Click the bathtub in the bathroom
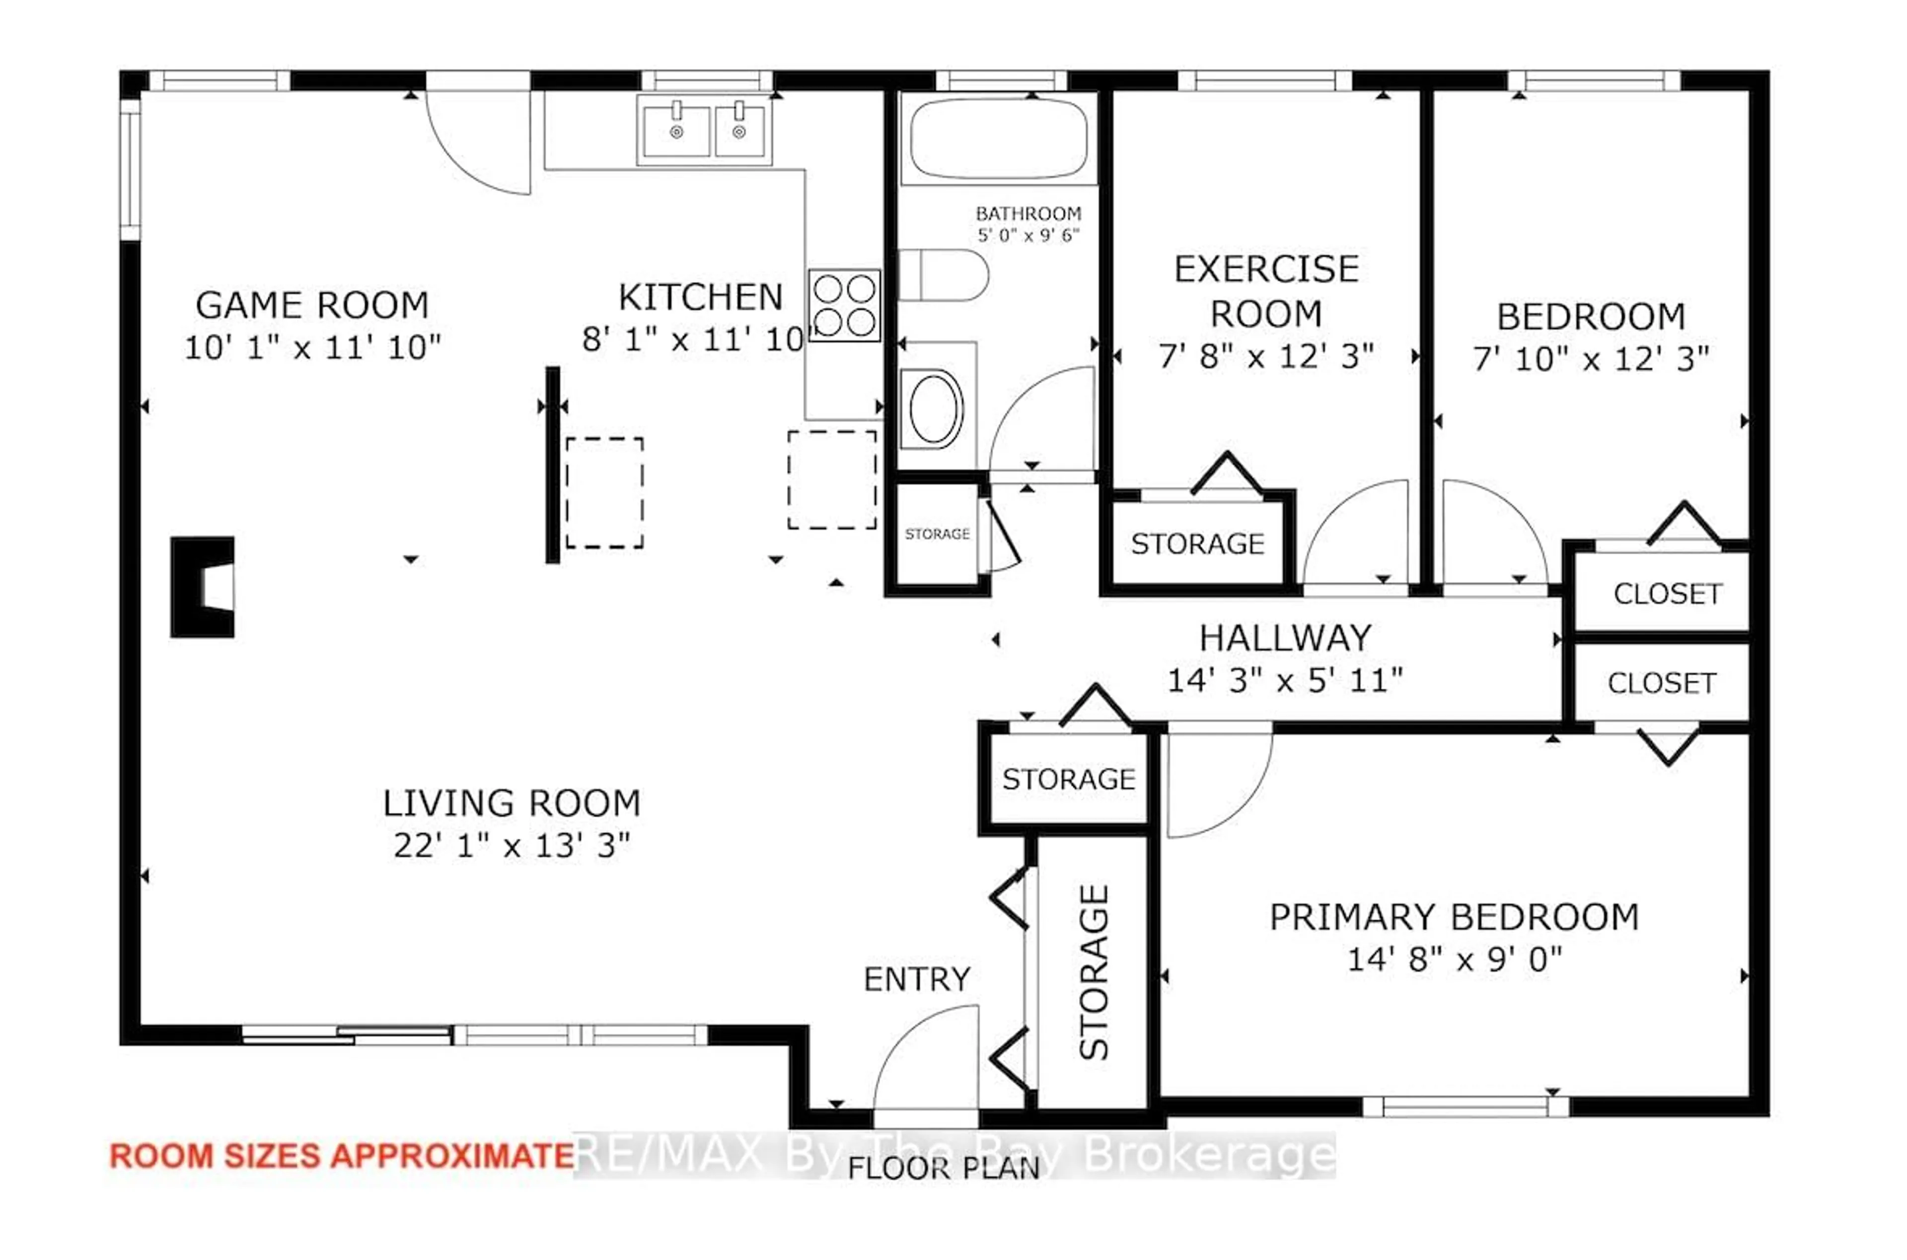pos(999,138)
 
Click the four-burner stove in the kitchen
pos(844,305)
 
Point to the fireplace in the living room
pos(203,587)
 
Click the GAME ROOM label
pos(312,305)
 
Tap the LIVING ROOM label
pos(512,803)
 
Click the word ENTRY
pos(917,979)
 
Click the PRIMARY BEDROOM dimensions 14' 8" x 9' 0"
pos(1454,960)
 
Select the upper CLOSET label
pos(1668,594)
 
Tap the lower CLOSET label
pos(1661,683)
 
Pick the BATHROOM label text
pos(1028,214)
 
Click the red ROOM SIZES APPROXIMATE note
pos(341,1156)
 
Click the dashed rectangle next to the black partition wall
pos(604,493)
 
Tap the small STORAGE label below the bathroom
pos(937,533)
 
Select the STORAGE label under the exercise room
pos(1198,544)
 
